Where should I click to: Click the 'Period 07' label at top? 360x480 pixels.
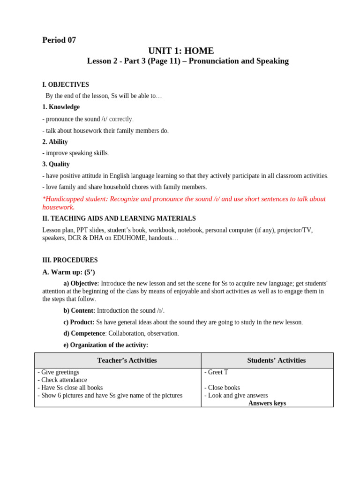tap(59, 40)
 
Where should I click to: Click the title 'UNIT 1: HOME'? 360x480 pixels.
tap(181, 51)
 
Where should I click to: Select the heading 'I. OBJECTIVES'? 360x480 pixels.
tap(66, 85)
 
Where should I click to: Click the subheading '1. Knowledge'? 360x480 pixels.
tap(61, 107)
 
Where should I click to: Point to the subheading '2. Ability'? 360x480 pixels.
tap(55, 142)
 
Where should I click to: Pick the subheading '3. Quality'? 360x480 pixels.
tap(56, 165)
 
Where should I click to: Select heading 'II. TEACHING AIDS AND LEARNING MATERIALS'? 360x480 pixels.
tap(119, 218)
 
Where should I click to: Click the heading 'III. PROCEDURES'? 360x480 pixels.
tap(70, 260)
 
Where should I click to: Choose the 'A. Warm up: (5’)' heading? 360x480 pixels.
tap(68, 272)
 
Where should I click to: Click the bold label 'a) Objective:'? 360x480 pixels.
tap(81, 284)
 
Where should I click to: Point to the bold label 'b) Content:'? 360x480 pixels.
tap(79, 311)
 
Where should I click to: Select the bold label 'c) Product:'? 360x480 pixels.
tap(79, 322)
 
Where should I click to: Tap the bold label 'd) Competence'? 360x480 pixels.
tap(84, 334)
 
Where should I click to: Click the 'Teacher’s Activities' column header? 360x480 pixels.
tap(127, 360)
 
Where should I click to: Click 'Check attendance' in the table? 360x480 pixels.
tap(64, 380)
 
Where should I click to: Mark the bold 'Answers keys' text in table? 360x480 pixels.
tap(267, 403)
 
